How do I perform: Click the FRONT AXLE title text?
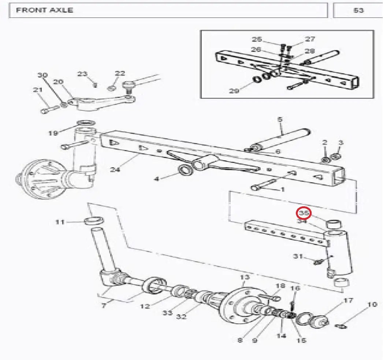45,10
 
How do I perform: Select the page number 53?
358,10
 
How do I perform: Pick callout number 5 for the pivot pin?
280,119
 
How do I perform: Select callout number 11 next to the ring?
60,222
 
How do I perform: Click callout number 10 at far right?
372,304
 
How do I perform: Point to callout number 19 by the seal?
53,132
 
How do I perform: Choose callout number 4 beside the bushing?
157,179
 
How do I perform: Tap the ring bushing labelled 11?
94,221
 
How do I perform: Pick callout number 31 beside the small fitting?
298,256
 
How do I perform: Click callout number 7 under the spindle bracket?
104,305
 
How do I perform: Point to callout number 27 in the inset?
310,39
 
